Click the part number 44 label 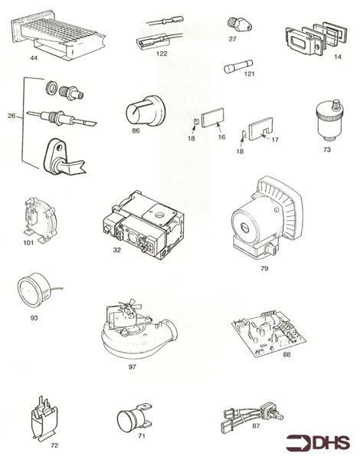tap(34, 58)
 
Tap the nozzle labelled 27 tap(234, 23)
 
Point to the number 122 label tap(162, 54)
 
